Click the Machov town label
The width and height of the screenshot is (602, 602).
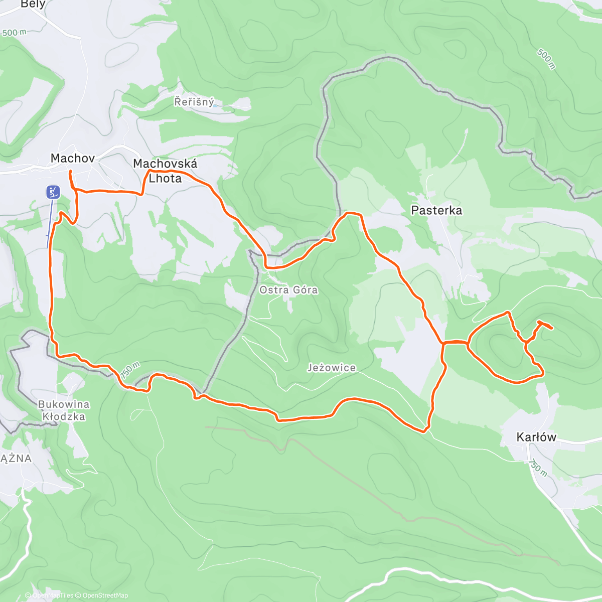[x=73, y=159]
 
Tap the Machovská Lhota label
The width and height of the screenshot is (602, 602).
[x=165, y=171]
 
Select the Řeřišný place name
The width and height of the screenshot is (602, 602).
[x=194, y=102]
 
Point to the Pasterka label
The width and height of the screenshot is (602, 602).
[x=436, y=210]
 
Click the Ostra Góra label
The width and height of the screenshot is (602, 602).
[x=288, y=290]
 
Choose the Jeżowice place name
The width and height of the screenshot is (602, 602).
[x=332, y=368]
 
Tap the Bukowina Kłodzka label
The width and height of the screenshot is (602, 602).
[x=64, y=410]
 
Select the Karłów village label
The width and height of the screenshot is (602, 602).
[x=536, y=437]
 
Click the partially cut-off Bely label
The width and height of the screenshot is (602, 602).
[x=33, y=5]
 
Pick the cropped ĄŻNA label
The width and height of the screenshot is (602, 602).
[x=16, y=458]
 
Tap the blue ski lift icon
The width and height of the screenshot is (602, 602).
[x=53, y=192]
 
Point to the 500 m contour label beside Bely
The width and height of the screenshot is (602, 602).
[x=14, y=33]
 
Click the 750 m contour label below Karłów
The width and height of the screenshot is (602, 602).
[x=537, y=467]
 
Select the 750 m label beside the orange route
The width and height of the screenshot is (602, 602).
[x=129, y=370]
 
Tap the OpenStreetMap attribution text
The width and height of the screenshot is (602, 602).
[x=105, y=595]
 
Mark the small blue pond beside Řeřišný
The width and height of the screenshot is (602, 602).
[x=215, y=105]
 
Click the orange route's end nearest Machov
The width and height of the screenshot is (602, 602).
[x=70, y=172]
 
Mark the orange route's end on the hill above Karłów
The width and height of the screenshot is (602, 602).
[x=552, y=329]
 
